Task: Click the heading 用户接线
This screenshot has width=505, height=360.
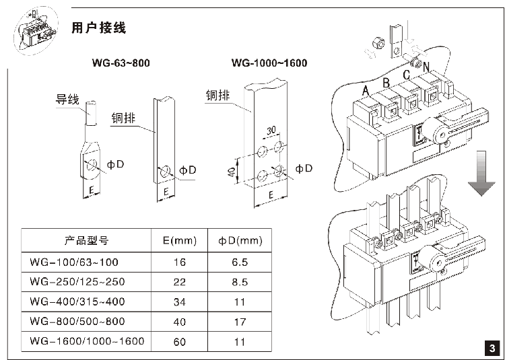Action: [98, 28]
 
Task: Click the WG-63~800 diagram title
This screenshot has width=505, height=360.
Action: [120, 63]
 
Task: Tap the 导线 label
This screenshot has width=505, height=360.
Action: [67, 101]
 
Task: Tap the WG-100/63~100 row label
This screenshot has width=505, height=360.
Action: [74, 261]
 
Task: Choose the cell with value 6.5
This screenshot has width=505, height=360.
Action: [241, 261]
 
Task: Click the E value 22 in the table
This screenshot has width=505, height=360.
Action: [179, 281]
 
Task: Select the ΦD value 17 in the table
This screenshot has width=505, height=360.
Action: [241, 321]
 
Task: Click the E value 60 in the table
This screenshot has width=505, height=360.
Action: [179, 341]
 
